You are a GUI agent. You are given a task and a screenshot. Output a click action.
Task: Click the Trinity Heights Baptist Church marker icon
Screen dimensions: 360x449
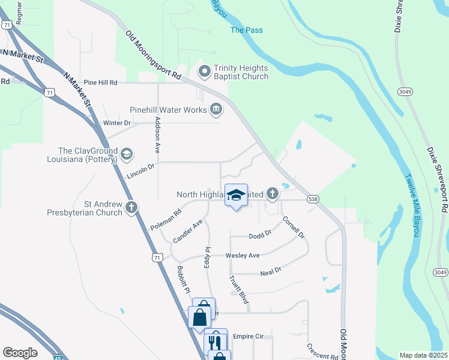pos(204,72)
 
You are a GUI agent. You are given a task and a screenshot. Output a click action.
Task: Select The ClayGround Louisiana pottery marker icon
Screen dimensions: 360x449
pos(126,154)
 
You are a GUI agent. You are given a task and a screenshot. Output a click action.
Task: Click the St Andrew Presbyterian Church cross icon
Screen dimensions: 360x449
pos(131,208)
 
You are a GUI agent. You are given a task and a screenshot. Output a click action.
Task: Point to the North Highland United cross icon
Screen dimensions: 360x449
pos(273,194)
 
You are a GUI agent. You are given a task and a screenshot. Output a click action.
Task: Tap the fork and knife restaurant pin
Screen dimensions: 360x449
pos(215,341)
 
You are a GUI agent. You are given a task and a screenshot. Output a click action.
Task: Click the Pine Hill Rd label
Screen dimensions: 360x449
pos(100,82)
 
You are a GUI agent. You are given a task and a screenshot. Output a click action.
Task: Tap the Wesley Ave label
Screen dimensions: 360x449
pos(242,256)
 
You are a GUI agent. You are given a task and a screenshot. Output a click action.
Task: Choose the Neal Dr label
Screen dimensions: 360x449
pos(271,273)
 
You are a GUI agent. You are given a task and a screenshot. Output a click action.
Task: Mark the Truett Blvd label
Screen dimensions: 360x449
pos(238,290)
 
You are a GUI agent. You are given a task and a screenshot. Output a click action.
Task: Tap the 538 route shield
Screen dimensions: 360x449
pos(313,199)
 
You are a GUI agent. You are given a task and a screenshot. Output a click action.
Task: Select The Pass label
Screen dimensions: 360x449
pos(247,30)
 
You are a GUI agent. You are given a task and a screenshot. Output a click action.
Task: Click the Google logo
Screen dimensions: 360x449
pos(20,353)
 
